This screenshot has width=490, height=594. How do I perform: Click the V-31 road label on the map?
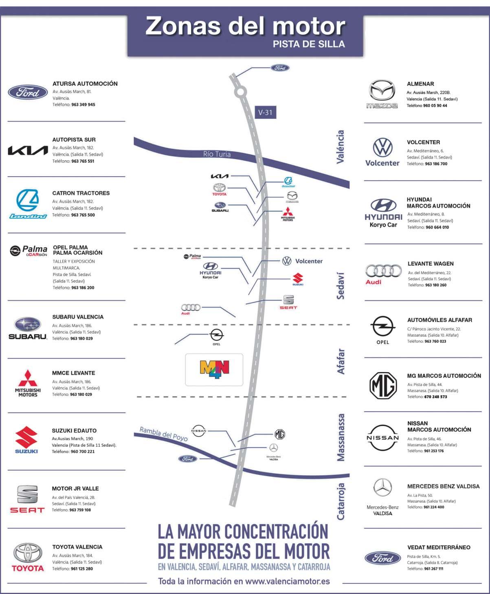click(265, 113)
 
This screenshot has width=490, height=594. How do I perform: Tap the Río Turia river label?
click(217, 154)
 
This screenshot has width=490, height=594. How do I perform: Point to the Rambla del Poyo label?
click(163, 434)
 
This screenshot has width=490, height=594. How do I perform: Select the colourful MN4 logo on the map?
click(214, 369)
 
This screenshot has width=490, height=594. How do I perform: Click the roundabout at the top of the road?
click(241, 92)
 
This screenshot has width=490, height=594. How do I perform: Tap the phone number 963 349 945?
click(83, 105)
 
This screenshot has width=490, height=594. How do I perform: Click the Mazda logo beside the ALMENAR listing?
click(382, 94)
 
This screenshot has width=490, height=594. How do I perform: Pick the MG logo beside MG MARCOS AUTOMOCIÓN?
click(383, 385)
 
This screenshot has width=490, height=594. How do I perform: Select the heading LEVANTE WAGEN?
click(431, 264)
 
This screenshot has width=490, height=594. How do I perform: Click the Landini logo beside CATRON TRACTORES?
click(28, 204)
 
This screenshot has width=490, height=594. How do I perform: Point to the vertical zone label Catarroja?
click(341, 501)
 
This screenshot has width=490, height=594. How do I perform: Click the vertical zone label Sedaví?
click(341, 286)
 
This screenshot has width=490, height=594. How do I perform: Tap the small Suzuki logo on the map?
click(298, 279)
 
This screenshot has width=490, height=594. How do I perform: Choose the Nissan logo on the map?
click(199, 430)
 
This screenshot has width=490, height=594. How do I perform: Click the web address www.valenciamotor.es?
click(288, 581)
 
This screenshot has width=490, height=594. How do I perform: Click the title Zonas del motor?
click(245, 26)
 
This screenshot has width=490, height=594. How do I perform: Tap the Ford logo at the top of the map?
click(280, 68)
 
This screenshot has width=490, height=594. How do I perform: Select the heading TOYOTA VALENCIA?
click(77, 547)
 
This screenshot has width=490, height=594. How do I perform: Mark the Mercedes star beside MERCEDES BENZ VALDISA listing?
click(382, 488)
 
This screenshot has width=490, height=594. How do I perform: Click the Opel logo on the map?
click(216, 336)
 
